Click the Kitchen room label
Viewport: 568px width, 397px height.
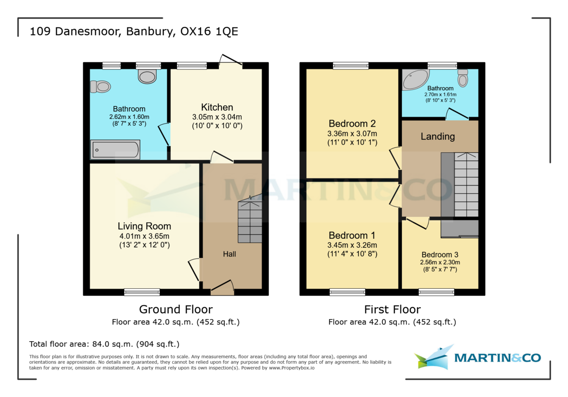(217, 107)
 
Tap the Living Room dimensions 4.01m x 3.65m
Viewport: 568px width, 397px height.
(144, 236)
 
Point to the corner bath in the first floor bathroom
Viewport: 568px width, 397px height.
(414, 79)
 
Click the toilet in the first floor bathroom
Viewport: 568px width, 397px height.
(463, 78)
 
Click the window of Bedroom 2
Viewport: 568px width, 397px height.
(351, 66)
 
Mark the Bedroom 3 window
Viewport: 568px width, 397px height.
(436, 293)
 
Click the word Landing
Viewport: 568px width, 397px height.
(438, 137)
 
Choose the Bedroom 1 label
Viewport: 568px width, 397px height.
(352, 235)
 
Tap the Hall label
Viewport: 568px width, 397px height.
(230, 254)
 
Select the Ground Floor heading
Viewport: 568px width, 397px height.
(176, 310)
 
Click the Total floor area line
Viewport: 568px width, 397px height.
(104, 344)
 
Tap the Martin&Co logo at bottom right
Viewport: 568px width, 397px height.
(478, 357)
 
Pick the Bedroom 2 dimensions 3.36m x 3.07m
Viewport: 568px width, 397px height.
(352, 134)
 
